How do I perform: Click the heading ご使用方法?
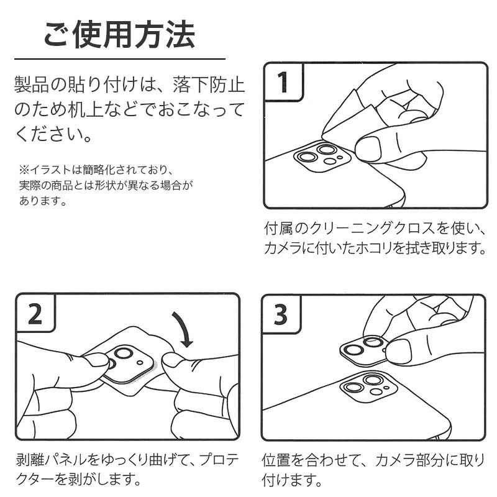point(119,34)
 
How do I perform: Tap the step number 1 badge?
point(283,82)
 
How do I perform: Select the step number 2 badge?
point(35,314)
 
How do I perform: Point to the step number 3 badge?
point(281,314)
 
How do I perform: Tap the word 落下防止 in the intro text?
point(209,85)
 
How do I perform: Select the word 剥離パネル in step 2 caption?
point(52,460)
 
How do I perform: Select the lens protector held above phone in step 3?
point(365,350)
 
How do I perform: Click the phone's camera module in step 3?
point(368,387)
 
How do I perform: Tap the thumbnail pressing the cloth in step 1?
point(368,149)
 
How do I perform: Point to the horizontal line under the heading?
point(120,59)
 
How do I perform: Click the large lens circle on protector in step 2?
point(123,353)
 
